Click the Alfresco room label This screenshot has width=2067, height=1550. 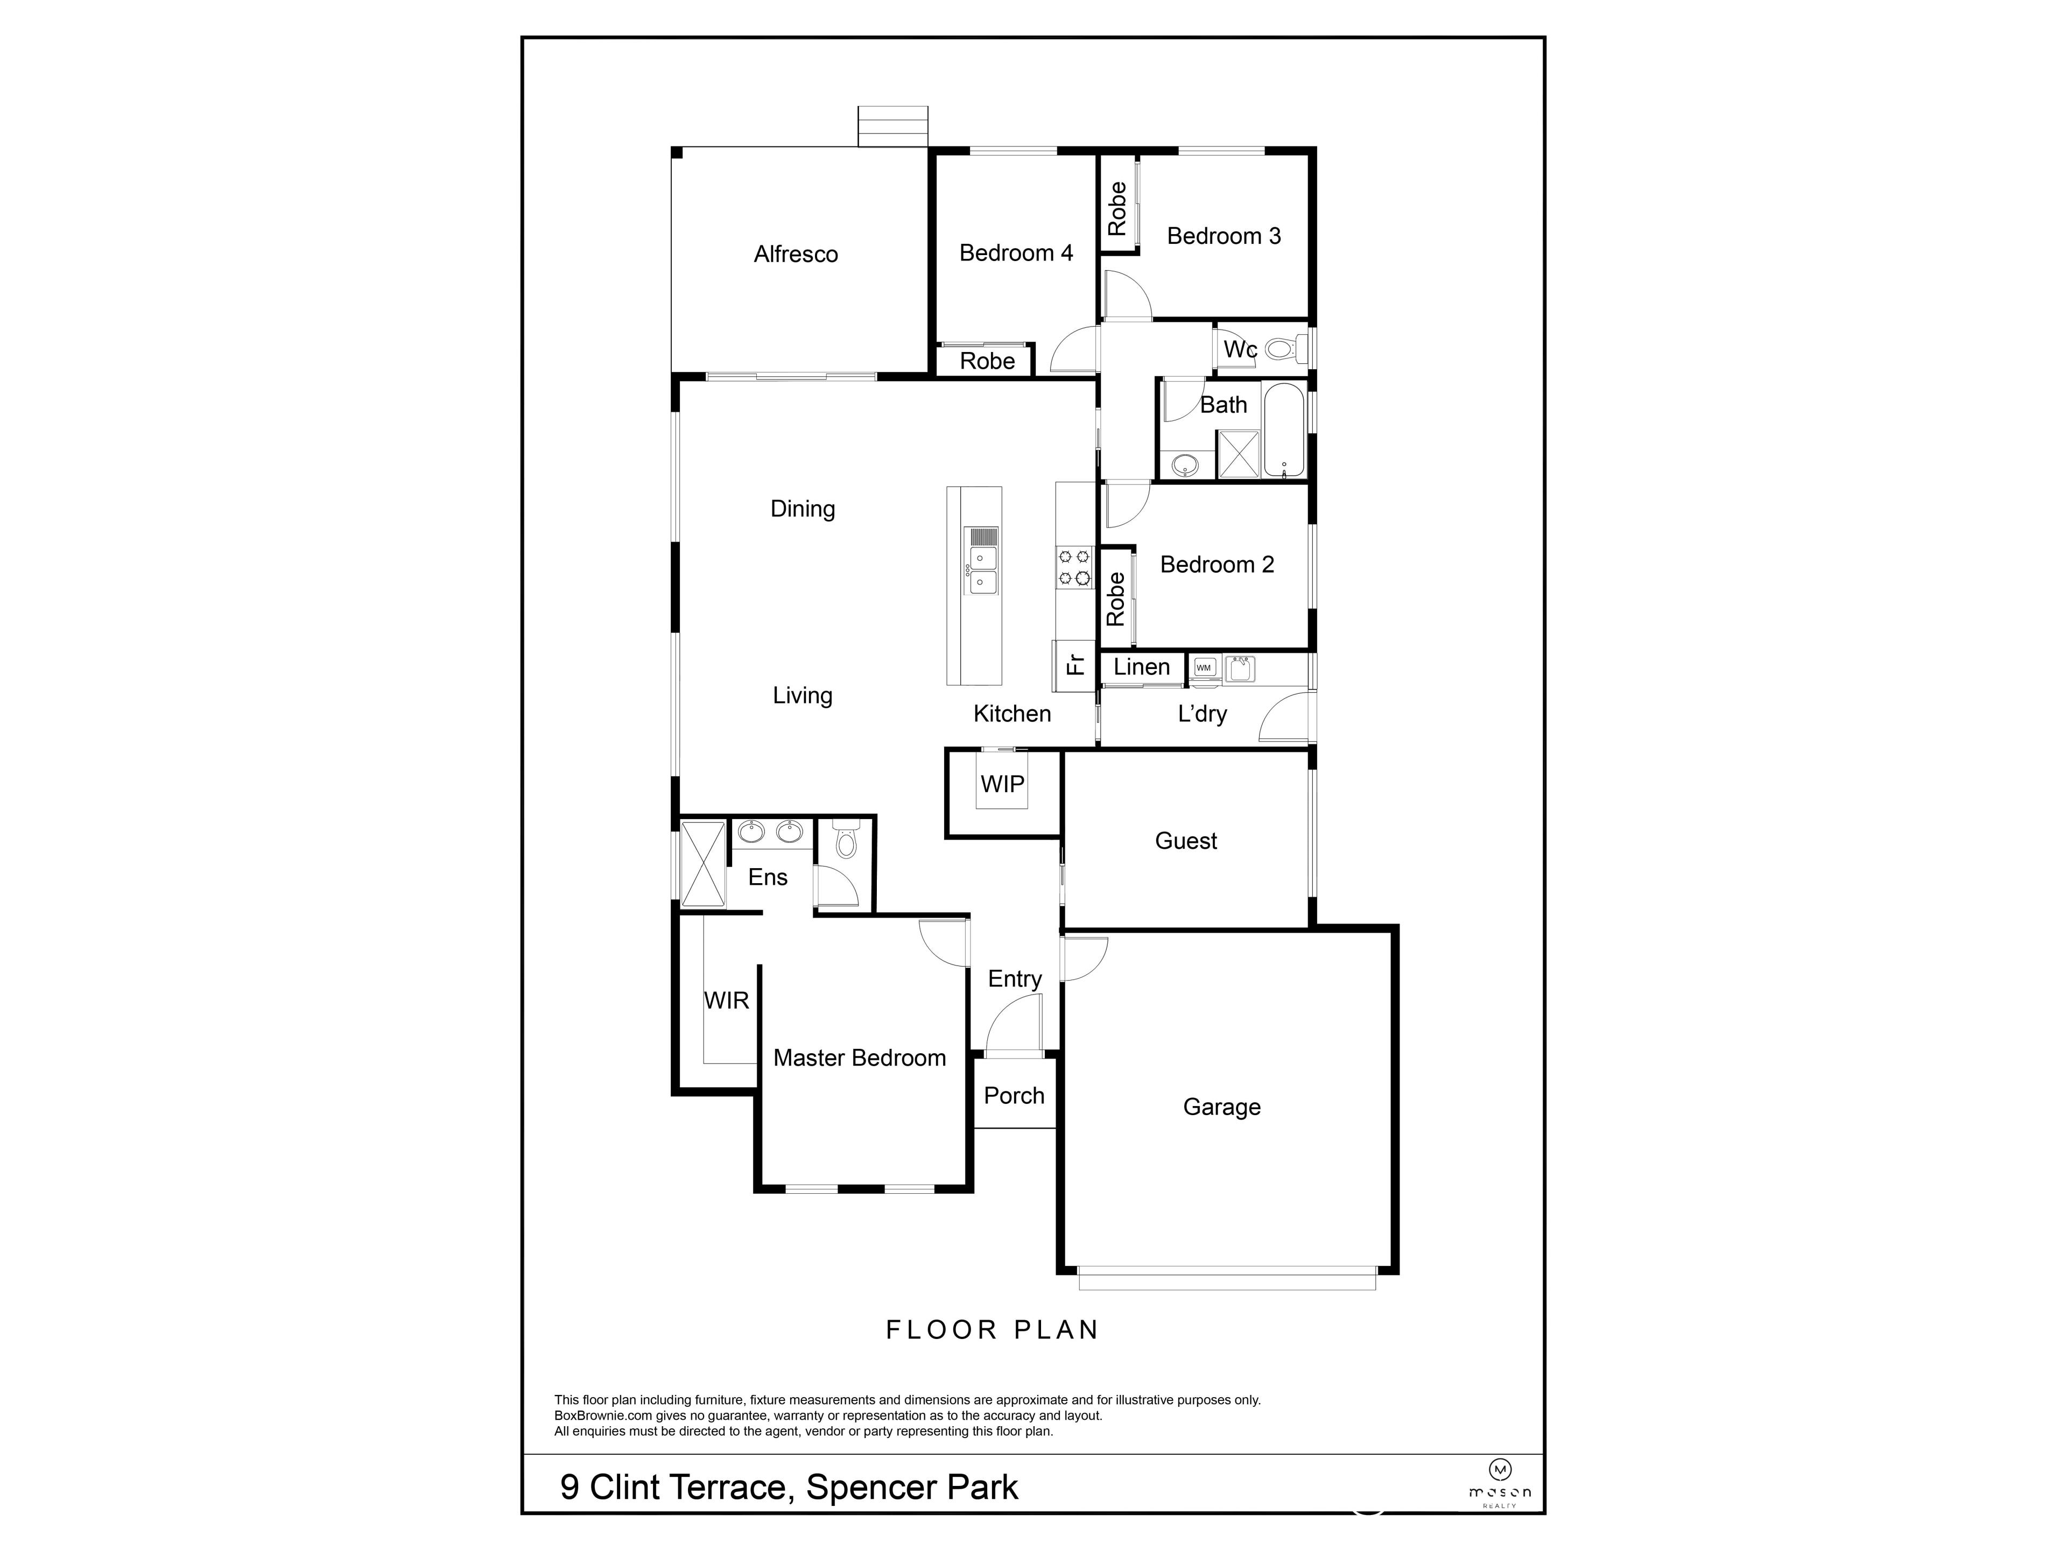point(795,254)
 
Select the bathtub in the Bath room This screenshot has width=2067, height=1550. point(1283,430)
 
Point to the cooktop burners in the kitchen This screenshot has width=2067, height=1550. point(1074,568)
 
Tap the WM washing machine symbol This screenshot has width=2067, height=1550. point(1204,667)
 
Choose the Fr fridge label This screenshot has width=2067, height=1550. point(1074,664)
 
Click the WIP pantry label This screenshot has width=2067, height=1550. point(1002,784)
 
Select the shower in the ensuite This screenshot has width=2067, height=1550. point(702,864)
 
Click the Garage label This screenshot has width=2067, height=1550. point(1221,1107)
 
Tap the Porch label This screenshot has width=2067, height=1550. point(1014,1095)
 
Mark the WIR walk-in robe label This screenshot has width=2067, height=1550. point(726,1001)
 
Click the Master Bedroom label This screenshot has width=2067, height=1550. point(859,1058)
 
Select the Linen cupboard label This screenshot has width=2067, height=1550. point(1141,667)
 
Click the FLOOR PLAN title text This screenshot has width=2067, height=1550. point(992,1329)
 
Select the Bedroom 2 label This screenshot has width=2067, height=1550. point(1217,565)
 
